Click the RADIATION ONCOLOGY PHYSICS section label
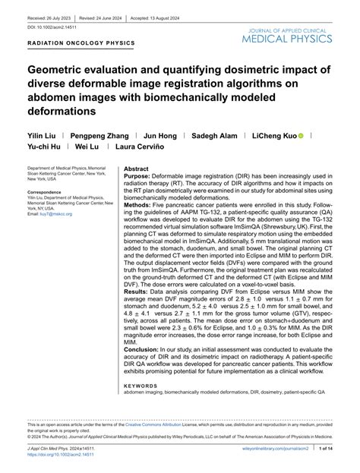coord(81,43)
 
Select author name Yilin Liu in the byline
coord(43,136)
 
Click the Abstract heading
coord(137,169)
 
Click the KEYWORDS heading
coord(141,385)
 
